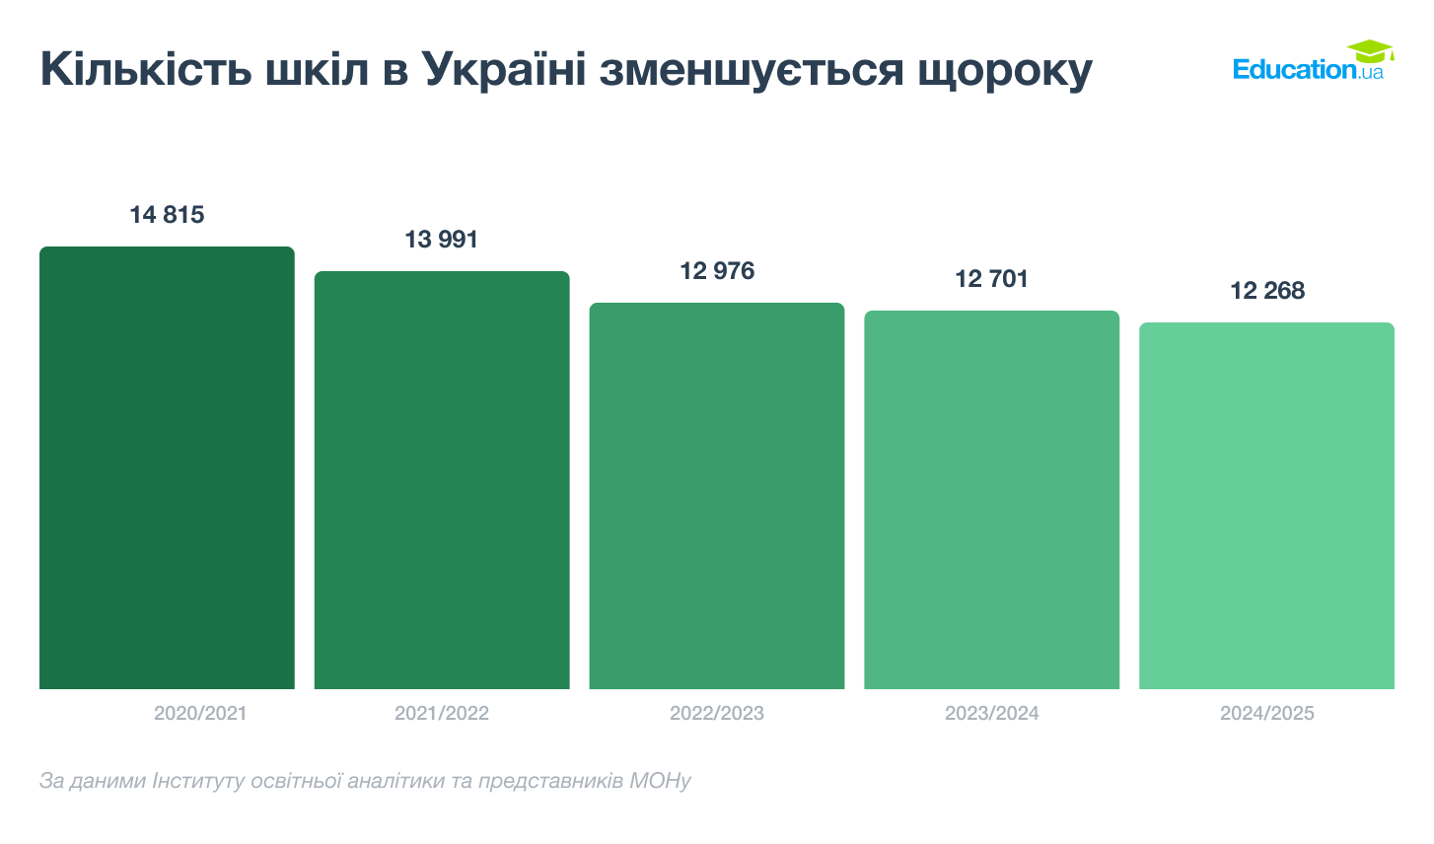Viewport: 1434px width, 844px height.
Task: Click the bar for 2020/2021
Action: coord(167,468)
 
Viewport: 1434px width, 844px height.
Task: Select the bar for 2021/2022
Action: coord(442,480)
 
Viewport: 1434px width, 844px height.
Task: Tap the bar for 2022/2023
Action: coord(717,496)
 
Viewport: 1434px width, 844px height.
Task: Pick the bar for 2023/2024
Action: coord(991,500)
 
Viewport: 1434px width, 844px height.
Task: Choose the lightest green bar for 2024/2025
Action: coord(1266,506)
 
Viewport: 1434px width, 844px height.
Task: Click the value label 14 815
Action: coord(167,215)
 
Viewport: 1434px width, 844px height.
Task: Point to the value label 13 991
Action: coord(442,240)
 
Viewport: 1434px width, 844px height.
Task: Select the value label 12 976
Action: coord(717,271)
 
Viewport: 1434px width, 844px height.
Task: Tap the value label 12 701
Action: coord(991,279)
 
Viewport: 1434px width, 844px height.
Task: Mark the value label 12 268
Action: coord(1266,291)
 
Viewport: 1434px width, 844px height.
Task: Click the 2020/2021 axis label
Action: coord(200,713)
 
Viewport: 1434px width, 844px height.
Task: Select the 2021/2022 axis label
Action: coord(442,713)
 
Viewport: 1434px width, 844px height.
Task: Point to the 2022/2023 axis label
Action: coord(717,713)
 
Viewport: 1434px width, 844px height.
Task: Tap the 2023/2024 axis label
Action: coord(991,713)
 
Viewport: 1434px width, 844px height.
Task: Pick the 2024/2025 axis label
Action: coord(1266,713)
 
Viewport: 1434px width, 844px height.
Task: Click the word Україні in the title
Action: coord(504,69)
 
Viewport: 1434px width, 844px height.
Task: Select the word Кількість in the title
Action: coord(146,69)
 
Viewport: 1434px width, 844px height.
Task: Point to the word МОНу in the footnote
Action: coord(660,781)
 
